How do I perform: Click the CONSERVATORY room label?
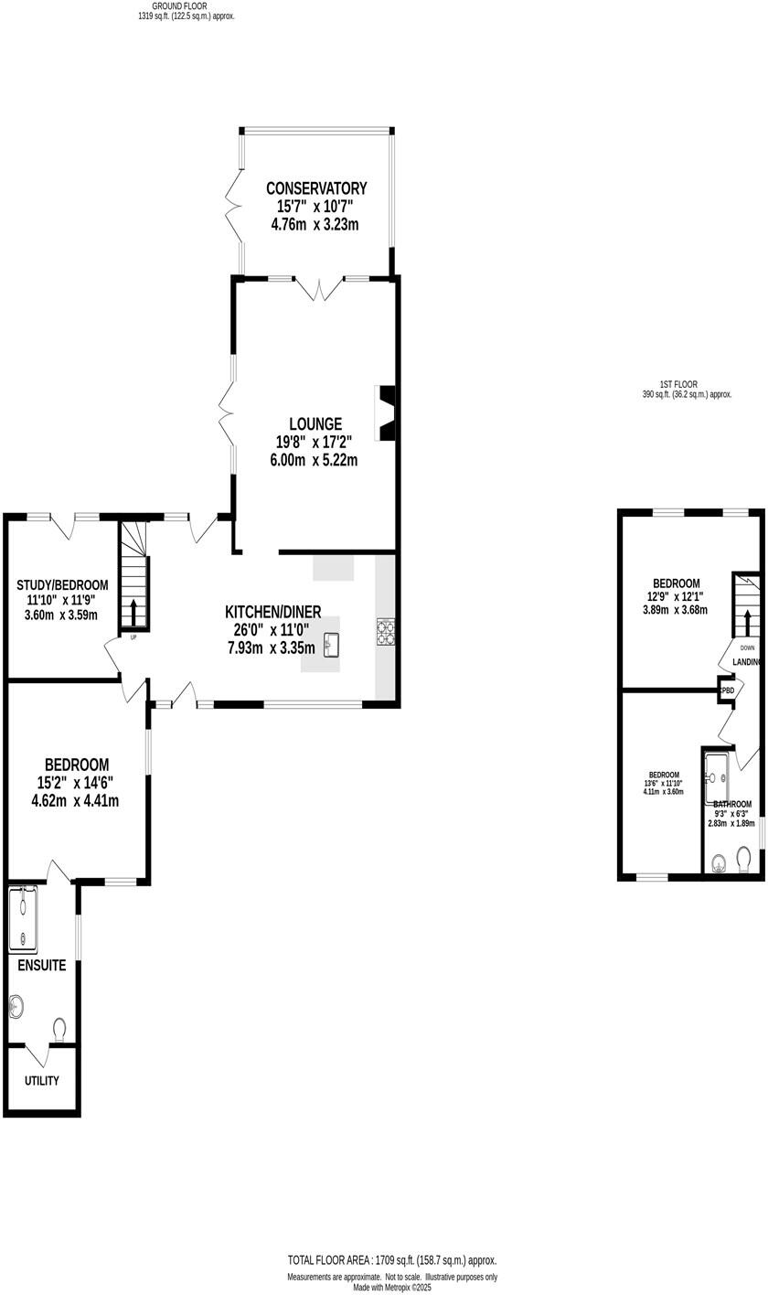[x=316, y=188]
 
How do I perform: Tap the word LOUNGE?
[x=315, y=424]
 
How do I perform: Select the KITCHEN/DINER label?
[x=272, y=612]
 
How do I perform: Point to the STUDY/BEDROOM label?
[x=62, y=585]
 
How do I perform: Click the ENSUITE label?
[x=41, y=965]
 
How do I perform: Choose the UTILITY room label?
[x=42, y=1080]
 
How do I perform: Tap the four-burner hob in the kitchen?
[x=385, y=632]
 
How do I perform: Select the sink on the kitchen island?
[x=331, y=645]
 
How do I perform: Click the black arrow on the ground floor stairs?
[x=133, y=612]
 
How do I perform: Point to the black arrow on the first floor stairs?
[x=746, y=624]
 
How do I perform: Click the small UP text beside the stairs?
[x=133, y=637]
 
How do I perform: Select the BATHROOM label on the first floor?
[x=732, y=804]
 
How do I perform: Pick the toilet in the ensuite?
[x=61, y=1029]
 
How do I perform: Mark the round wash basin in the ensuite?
[x=16, y=1007]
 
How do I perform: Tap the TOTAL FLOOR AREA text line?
[x=391, y=1258]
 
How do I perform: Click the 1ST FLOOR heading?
[x=677, y=384]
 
